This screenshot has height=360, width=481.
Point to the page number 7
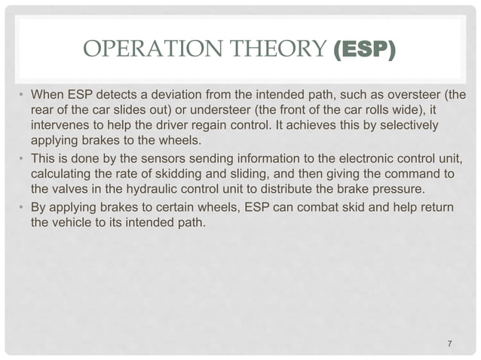click(x=450, y=344)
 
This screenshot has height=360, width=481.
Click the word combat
click(x=336, y=207)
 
